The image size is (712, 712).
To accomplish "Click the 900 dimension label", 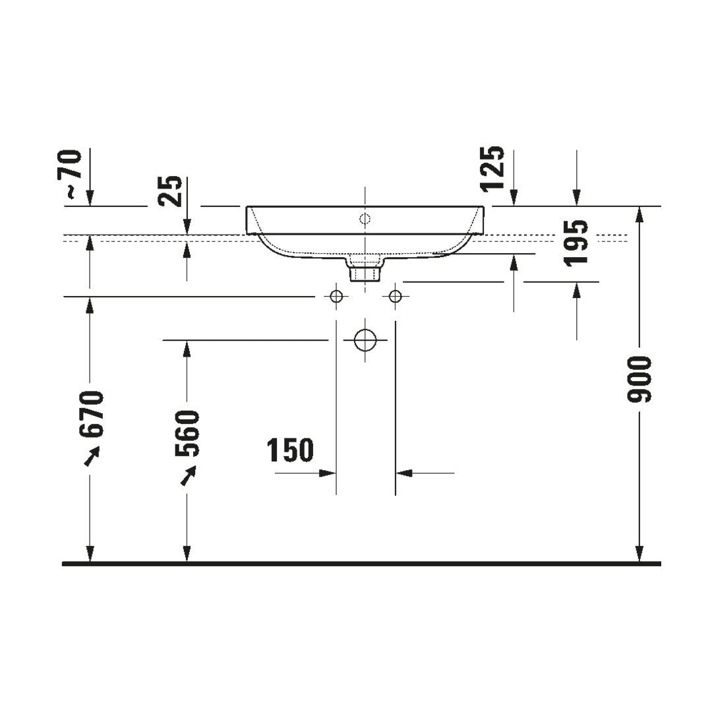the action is [x=639, y=379].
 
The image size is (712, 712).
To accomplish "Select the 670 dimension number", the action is [x=92, y=413].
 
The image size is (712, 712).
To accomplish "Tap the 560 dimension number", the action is [x=187, y=433].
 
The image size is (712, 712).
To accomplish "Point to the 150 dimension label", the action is [x=290, y=450].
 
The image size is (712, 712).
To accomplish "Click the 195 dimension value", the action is [x=576, y=243].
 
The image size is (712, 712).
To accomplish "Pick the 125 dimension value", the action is [x=492, y=169].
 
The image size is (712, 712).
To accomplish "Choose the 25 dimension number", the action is [x=170, y=191].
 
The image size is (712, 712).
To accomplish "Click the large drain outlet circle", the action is [x=365, y=340].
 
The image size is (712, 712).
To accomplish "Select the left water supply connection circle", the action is [x=336, y=297].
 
